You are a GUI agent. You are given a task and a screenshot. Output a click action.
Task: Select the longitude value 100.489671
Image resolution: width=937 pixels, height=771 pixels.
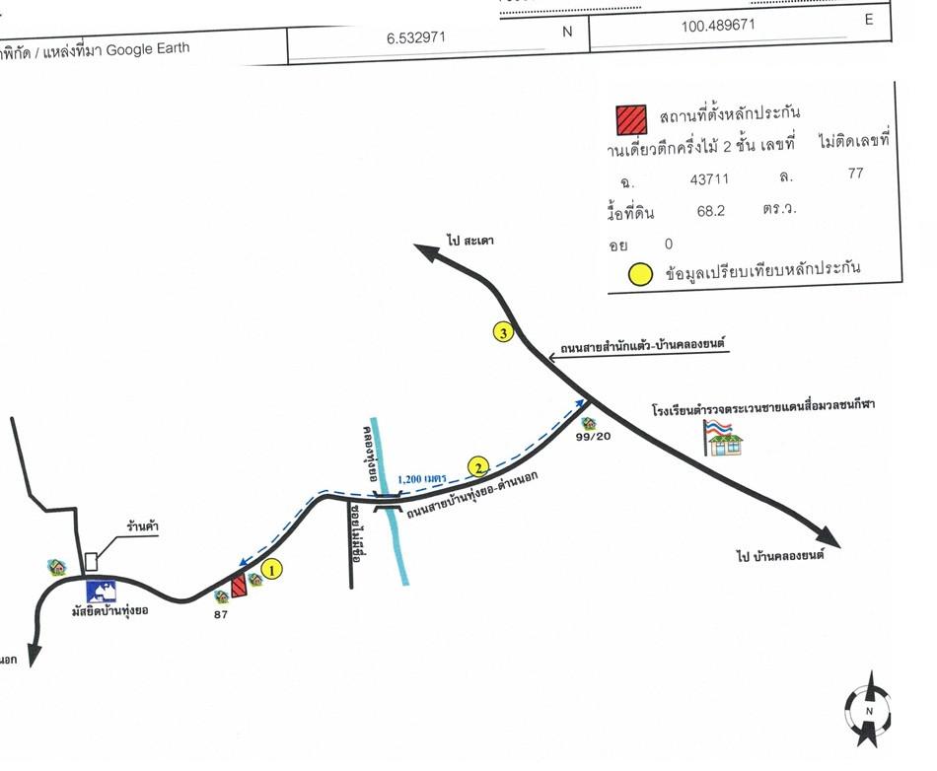(x=718, y=26)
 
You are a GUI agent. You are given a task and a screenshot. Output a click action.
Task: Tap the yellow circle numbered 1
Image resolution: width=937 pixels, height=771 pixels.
(x=273, y=568)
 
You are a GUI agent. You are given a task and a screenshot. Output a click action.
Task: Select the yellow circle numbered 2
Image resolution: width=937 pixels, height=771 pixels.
(x=478, y=466)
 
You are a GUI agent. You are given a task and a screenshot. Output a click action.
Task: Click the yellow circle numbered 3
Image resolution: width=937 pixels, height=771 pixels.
(x=504, y=333)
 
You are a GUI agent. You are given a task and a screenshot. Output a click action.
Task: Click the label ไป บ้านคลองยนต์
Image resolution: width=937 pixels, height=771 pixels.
(x=779, y=555)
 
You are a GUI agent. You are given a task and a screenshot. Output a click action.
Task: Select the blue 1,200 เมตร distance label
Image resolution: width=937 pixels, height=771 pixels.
(x=421, y=479)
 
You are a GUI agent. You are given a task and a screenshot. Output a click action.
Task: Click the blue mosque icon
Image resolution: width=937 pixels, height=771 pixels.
(x=102, y=591)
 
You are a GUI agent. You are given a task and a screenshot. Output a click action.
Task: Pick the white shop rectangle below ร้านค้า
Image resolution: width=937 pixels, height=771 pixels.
(x=92, y=560)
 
